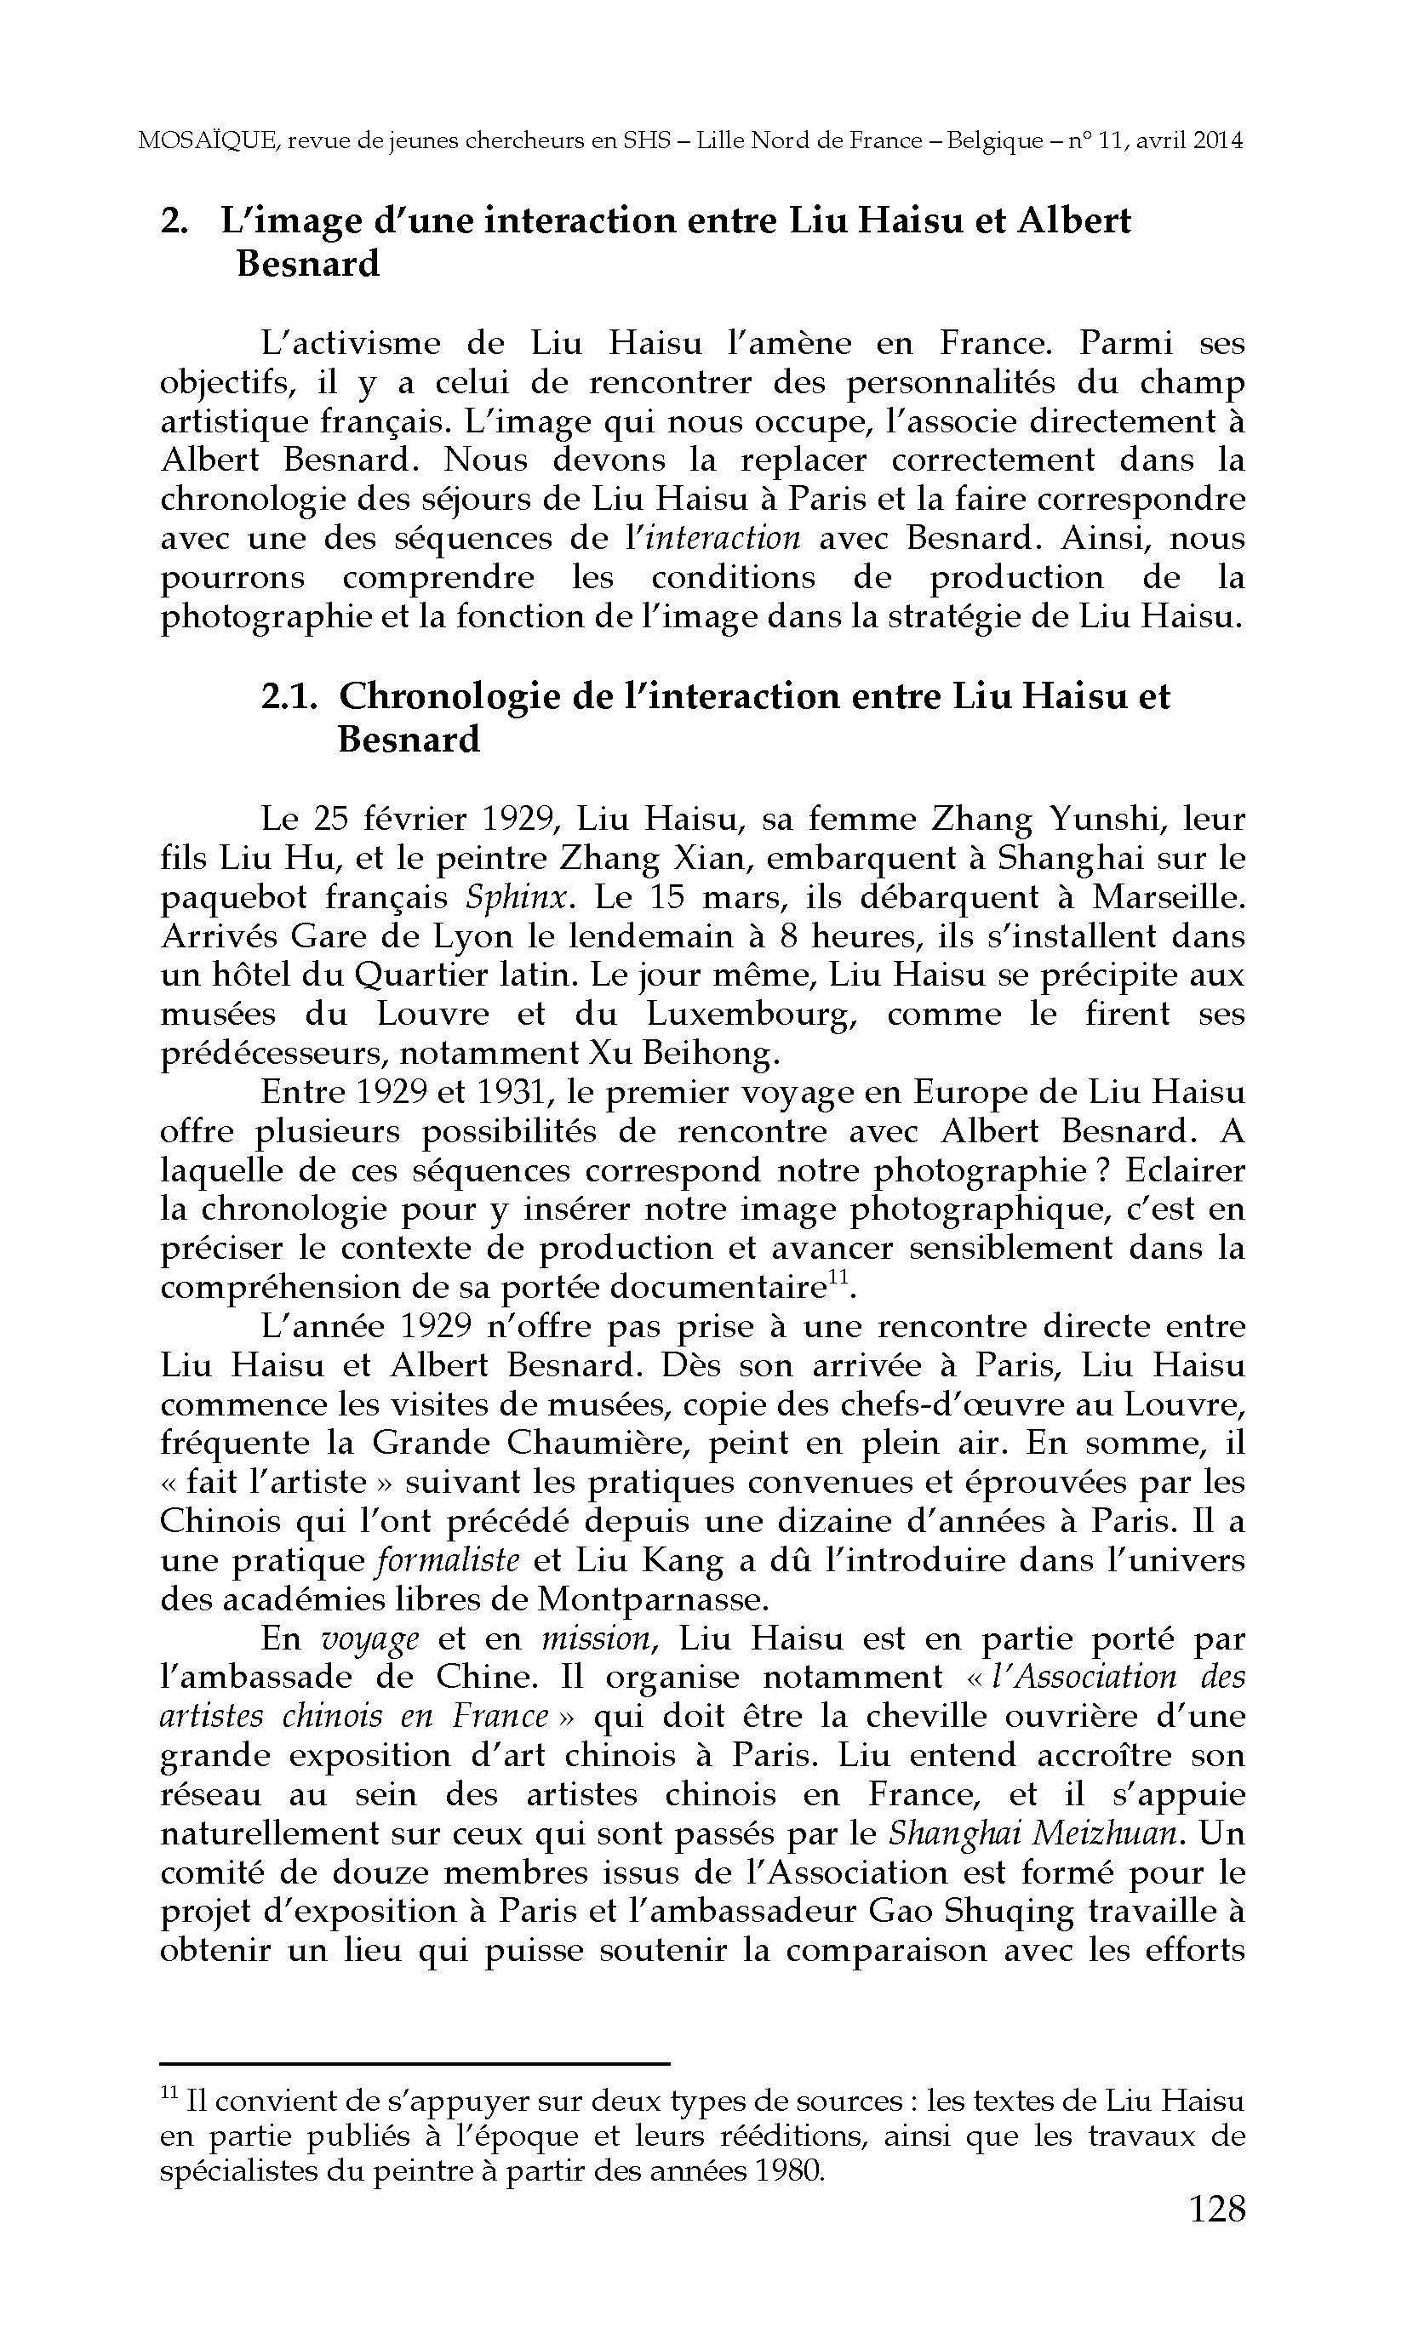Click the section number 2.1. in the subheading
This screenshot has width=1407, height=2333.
point(287,698)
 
